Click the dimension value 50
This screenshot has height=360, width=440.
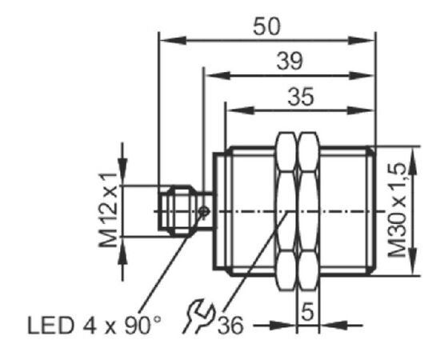[266, 26]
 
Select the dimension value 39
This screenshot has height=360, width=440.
[290, 61]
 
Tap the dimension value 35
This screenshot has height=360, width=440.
[301, 97]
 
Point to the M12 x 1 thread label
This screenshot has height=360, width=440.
[108, 210]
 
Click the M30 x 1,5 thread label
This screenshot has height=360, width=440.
[397, 210]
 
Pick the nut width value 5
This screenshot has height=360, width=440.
[308, 312]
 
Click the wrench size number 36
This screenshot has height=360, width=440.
[230, 326]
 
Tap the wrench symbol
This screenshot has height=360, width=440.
[198, 316]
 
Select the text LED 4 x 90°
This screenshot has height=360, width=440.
[94, 326]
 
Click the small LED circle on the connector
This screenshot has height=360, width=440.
[204, 211]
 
